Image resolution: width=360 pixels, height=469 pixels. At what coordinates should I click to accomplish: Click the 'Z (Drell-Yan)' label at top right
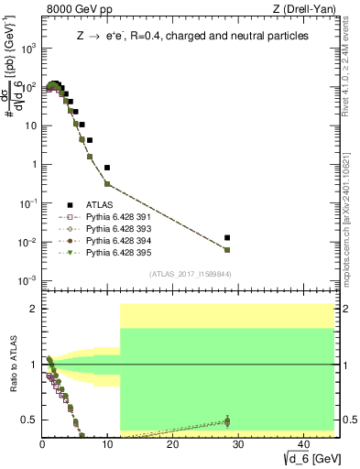pos(308,9)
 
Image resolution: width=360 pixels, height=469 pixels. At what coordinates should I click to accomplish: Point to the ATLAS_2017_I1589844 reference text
pos(191,273)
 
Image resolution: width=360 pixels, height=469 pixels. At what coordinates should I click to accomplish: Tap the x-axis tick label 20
pos(171,443)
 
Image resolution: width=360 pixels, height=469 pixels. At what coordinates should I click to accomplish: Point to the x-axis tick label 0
pos(42,443)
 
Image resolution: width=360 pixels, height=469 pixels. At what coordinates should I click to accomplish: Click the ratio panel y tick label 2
pos(31,309)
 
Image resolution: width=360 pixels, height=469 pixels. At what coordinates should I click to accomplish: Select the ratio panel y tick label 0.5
pos(27,420)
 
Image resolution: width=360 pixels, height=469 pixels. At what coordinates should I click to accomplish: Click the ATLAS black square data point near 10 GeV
pos(107,168)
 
